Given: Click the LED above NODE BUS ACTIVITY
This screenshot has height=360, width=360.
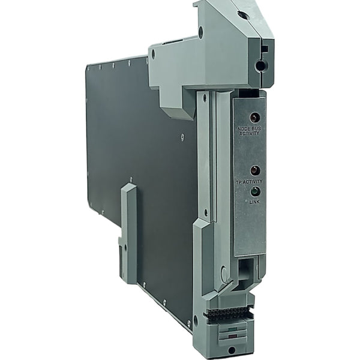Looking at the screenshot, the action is [254, 117].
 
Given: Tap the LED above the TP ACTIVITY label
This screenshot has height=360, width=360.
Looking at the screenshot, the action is [255, 170].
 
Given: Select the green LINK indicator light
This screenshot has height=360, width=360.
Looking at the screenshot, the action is [254, 191].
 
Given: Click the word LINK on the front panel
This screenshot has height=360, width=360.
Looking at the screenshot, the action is [254, 202].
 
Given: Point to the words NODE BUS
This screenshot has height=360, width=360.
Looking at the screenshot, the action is [250, 129].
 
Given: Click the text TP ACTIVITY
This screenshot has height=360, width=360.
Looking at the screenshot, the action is [249, 182].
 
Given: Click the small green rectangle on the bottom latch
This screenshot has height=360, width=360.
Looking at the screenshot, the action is [233, 329].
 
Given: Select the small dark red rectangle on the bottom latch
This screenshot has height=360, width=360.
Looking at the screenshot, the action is [233, 337].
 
